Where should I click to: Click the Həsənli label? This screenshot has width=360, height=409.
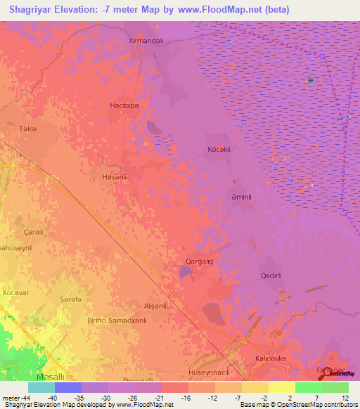pos(114,177)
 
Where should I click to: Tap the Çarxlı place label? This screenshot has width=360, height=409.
pos(34,232)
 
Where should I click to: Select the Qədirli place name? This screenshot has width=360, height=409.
pos(271,275)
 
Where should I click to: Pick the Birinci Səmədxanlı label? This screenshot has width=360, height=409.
pos(117,320)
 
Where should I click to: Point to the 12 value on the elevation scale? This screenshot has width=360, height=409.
pos(345,397)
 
